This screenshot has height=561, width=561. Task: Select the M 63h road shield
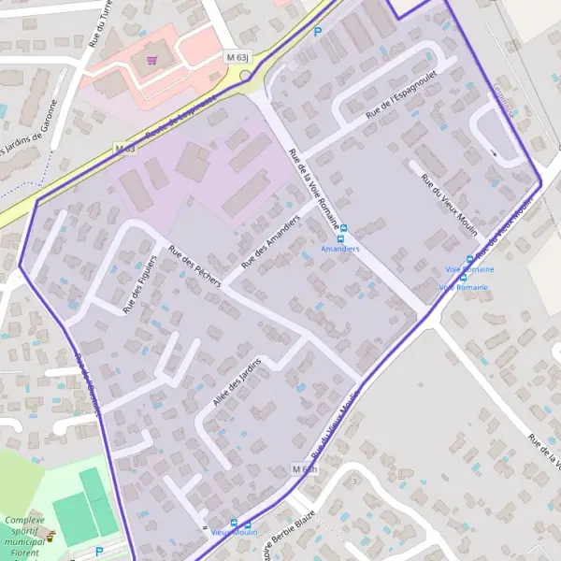pos(306,468)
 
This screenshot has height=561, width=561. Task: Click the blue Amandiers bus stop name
pos(339,249)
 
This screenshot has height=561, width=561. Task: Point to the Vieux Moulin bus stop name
pos(234,532)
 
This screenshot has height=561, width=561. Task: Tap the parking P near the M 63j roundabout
pos(318,32)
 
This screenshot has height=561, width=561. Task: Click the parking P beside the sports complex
pos(99,552)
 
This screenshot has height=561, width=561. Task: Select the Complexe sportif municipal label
pos(25,535)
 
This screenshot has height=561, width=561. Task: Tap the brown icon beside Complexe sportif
pos(51,536)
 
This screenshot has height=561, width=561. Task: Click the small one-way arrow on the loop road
pos(493,152)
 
